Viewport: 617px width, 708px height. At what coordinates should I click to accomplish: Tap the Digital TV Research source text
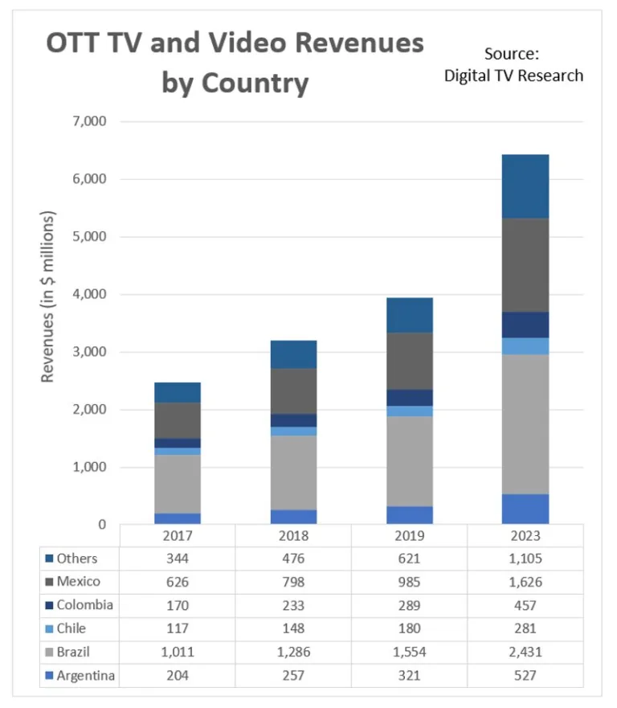click(513, 76)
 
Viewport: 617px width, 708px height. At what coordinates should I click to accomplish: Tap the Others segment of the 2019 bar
click(410, 315)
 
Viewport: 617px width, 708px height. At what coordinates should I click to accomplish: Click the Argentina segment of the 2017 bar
click(178, 518)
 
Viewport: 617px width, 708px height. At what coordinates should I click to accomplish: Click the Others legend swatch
click(50, 559)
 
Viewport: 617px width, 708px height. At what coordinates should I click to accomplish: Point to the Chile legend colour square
click(50, 628)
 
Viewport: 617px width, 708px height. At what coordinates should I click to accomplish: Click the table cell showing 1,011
click(178, 652)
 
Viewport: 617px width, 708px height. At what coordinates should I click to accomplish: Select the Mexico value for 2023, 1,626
click(525, 582)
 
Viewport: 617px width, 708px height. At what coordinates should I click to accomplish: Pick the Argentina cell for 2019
click(410, 675)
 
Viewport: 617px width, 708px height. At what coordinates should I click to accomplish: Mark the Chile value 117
click(178, 628)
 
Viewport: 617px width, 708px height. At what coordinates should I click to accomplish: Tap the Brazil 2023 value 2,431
click(525, 652)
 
